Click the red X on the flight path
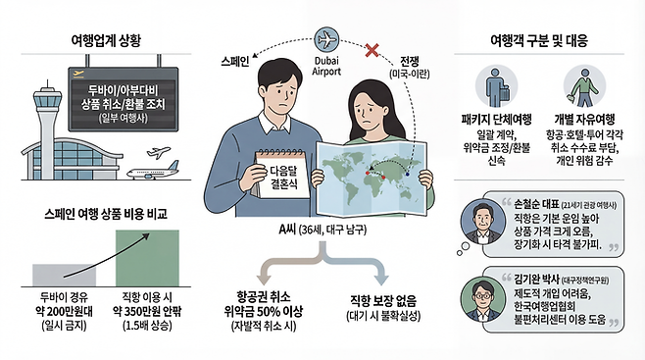372,49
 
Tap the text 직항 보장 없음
383,300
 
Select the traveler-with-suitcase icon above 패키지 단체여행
496,90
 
